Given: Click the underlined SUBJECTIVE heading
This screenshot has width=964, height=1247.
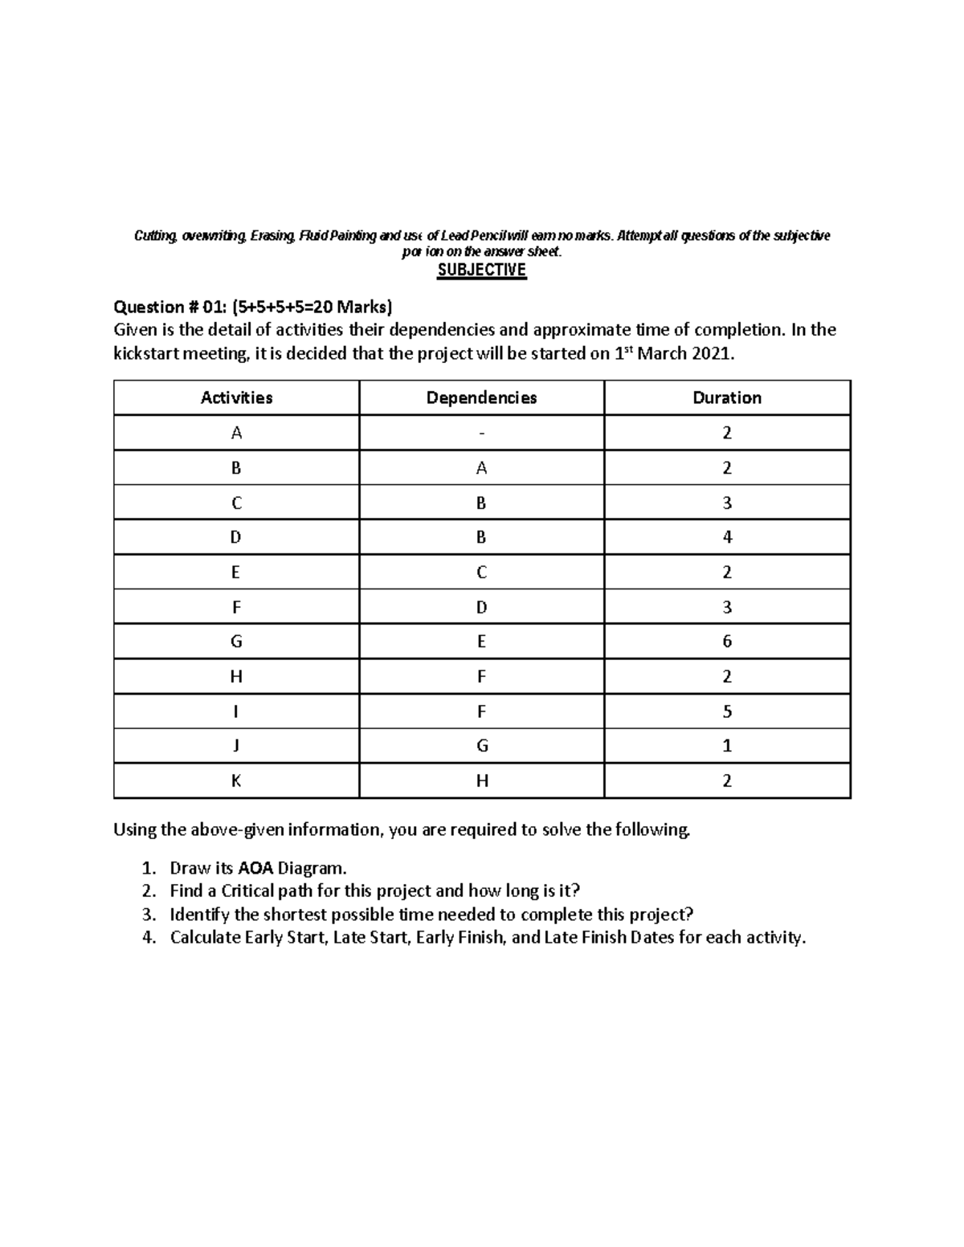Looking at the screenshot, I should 481,270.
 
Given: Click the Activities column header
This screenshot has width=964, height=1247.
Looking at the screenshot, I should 236,397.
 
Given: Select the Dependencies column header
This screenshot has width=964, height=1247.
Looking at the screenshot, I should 481,397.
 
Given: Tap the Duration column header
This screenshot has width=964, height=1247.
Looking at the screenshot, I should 727,397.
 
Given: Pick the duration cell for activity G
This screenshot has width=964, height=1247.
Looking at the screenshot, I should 727,642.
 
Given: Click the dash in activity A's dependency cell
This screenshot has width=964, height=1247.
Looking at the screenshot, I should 481,434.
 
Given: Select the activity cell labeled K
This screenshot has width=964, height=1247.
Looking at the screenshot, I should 236,780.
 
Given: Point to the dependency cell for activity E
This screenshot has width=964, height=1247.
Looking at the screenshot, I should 481,573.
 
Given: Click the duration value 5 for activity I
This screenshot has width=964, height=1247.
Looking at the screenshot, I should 727,711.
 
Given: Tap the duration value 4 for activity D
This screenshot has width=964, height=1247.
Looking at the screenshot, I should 727,537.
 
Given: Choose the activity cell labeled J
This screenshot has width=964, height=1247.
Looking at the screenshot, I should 236,746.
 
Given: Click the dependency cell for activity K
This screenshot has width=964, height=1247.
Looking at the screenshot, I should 481,780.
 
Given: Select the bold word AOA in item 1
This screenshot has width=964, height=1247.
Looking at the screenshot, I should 256,868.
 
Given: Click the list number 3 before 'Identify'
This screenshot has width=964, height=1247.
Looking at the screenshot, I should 147,915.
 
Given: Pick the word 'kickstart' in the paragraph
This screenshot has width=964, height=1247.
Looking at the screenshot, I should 146,353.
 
